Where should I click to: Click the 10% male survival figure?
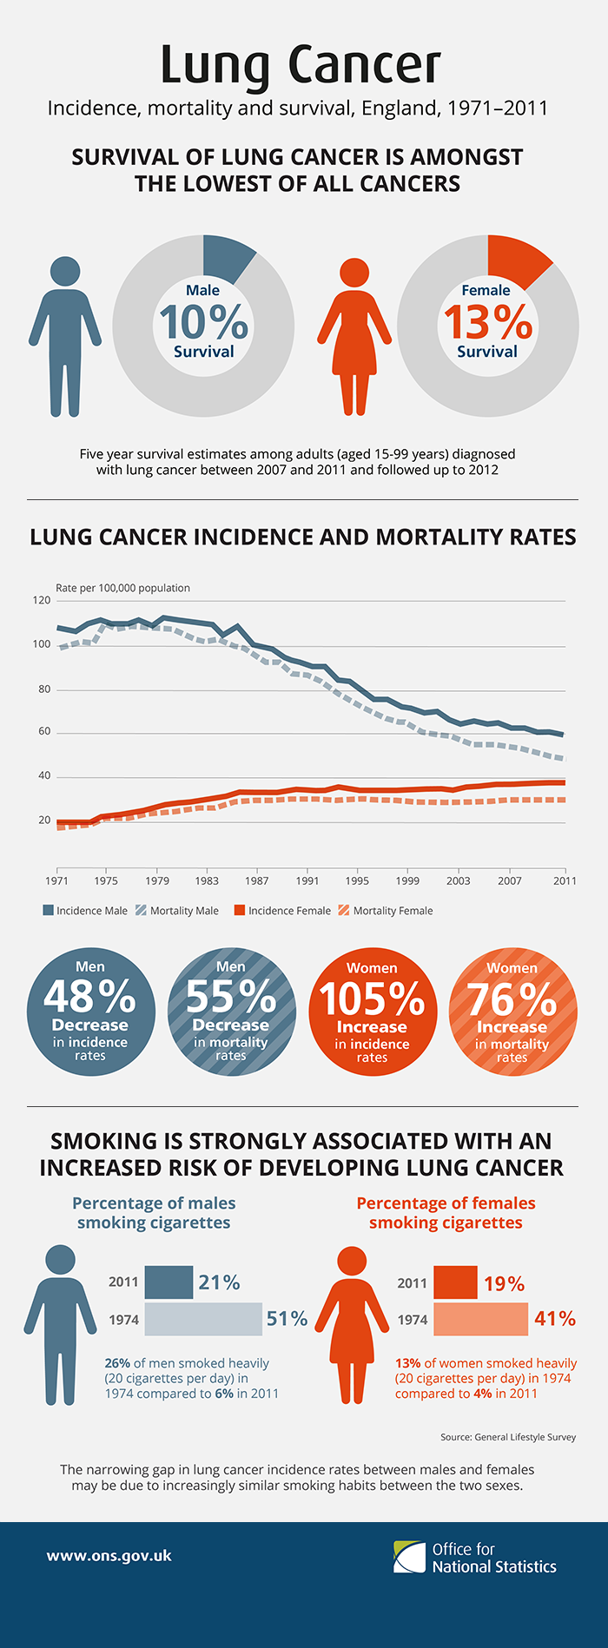[203, 321]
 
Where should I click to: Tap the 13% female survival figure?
[488, 322]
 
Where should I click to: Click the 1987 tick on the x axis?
[256, 880]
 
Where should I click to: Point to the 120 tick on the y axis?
[42, 600]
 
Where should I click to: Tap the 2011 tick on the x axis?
[565, 880]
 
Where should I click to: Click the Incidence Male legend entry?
[85, 911]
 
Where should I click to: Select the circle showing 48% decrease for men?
[90, 1012]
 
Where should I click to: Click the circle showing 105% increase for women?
[373, 1012]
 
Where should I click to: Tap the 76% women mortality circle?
[512, 1012]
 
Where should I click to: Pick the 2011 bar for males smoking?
[169, 1282]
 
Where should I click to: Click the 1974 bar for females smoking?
[479, 1319]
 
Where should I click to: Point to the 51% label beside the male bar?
[287, 1319]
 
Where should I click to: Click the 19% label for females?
[504, 1284]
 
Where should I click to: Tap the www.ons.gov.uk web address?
[109, 1555]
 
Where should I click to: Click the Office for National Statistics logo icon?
[410, 1557]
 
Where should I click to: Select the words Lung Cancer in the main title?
[301, 65]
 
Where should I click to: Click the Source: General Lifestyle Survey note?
[508, 1437]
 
